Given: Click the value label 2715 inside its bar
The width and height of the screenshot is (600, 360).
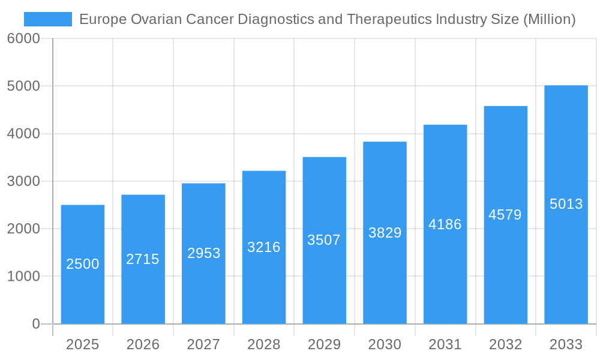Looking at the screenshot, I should [x=143, y=259].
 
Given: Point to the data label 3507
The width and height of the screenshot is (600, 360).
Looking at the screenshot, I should [x=324, y=240].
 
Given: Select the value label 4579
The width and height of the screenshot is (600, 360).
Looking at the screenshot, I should [x=505, y=215].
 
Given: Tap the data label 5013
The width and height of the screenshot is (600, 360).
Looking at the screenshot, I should [x=566, y=204].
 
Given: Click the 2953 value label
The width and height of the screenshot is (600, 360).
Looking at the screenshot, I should [x=203, y=253].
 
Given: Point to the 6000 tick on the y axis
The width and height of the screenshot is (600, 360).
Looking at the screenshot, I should [x=23, y=39].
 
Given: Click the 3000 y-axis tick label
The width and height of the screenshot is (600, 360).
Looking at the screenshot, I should [x=23, y=181].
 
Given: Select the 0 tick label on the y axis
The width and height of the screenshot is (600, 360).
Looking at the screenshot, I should [x=35, y=324].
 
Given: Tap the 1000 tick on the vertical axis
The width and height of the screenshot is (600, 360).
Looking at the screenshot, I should [x=23, y=277].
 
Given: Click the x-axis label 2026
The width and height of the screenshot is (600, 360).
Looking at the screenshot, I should [x=143, y=344].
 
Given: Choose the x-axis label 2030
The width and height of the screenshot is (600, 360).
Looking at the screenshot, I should [x=385, y=344].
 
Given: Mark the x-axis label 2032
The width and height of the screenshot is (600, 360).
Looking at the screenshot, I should [x=505, y=344].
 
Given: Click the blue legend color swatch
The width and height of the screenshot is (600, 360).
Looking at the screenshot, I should [x=48, y=19].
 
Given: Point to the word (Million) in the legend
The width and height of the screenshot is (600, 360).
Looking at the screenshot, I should [x=550, y=19].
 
